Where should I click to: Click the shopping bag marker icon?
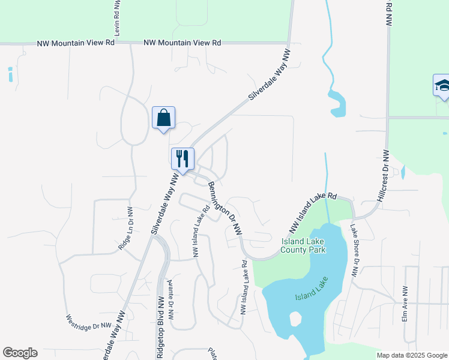[164, 118]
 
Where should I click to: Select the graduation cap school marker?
[442, 85]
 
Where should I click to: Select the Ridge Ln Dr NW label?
[125, 229]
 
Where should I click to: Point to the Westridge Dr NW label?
[89, 322]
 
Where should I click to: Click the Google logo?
[20, 353]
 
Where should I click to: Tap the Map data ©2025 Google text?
[412, 355]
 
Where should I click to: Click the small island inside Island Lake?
[295, 319]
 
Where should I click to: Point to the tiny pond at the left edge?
[10, 74]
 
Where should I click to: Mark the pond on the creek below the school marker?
[338, 106]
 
